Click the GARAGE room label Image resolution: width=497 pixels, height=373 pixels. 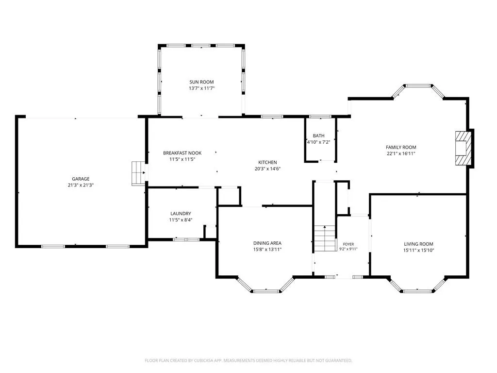(81, 179)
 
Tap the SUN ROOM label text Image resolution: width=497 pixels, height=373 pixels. (201, 82)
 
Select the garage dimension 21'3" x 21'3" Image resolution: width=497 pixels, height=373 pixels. (81, 185)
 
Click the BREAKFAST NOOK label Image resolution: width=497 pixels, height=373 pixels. (182, 153)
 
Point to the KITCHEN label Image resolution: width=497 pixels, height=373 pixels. (267, 162)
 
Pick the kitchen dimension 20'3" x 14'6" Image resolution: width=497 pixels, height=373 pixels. (267, 169)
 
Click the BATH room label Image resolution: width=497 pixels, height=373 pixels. (318, 136)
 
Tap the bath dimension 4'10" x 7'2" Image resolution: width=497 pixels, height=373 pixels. (318, 142)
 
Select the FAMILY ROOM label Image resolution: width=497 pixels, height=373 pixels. (401, 147)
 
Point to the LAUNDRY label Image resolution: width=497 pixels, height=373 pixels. (181, 214)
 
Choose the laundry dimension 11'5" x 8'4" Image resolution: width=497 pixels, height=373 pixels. (181, 220)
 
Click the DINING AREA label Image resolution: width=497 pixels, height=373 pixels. (267, 243)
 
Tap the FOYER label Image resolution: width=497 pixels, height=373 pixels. (348, 244)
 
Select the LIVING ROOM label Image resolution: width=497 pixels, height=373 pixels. (418, 244)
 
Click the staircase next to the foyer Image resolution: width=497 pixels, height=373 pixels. (325, 238)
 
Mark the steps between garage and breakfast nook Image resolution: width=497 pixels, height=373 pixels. (138, 173)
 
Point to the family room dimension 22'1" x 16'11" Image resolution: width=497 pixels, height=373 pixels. (401, 153)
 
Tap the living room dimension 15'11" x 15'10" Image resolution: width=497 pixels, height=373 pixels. (418, 250)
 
